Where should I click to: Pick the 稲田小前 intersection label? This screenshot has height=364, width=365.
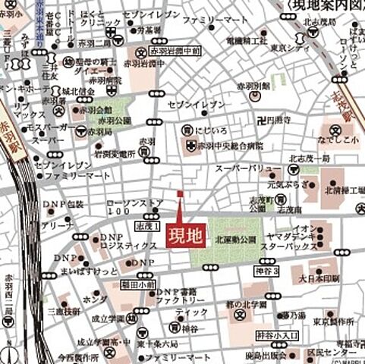point(139,285)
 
